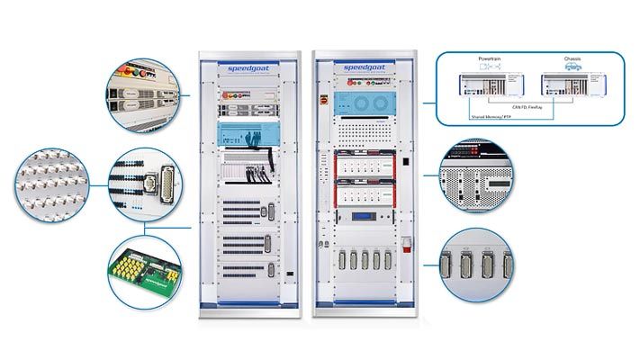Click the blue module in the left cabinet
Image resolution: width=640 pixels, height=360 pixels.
(242, 136)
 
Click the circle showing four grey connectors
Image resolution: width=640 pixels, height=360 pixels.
(476, 266)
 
